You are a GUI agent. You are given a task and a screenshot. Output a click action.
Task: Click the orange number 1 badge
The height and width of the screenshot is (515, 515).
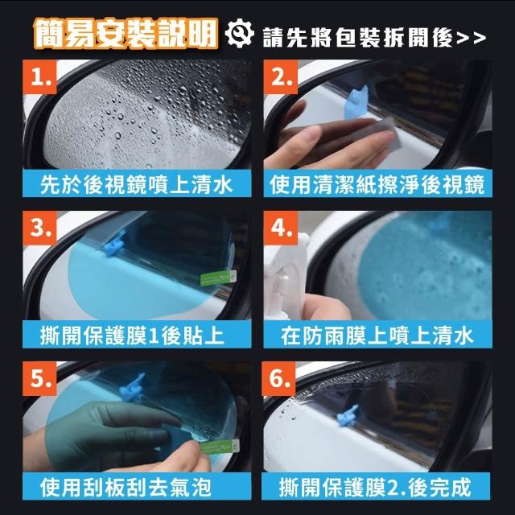(x=39, y=77)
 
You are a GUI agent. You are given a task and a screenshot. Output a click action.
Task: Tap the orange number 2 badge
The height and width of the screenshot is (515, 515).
(x=281, y=77)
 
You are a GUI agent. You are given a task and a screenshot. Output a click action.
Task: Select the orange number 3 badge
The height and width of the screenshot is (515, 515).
(x=39, y=228)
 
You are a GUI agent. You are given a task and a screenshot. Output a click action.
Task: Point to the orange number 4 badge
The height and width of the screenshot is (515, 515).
(x=281, y=228)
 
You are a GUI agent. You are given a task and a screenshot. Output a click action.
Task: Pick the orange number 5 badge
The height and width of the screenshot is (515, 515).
(x=39, y=378)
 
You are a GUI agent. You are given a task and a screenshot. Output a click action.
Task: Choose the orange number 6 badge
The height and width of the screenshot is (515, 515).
(x=279, y=378)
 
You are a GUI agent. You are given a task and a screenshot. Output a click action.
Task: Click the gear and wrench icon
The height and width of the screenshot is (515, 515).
(x=239, y=34)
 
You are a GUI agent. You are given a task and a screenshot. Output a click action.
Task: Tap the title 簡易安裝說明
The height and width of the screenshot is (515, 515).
(x=126, y=34)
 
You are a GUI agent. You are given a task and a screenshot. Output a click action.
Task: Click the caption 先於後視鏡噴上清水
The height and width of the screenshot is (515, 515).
(x=137, y=184)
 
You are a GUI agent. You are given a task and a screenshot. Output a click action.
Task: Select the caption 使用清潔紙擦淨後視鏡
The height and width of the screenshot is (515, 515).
(x=377, y=184)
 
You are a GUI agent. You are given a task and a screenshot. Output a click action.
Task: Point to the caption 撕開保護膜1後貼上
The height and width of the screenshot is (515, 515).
(x=132, y=336)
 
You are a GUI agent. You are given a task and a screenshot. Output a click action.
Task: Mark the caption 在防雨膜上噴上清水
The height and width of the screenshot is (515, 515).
(x=377, y=336)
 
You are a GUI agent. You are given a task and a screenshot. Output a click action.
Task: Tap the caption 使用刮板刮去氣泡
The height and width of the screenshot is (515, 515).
(x=126, y=487)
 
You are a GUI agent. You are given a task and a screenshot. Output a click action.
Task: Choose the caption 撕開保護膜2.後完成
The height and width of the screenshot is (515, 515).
(x=376, y=487)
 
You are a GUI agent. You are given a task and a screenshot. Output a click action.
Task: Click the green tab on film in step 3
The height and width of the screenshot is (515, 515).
(x=218, y=278)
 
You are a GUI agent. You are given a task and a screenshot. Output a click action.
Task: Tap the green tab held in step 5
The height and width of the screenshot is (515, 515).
(x=220, y=447)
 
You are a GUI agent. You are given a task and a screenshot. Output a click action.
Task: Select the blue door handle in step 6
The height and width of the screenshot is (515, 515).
(x=348, y=415)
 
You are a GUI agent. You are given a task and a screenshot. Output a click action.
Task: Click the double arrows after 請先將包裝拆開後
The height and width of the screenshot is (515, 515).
(x=472, y=39)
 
